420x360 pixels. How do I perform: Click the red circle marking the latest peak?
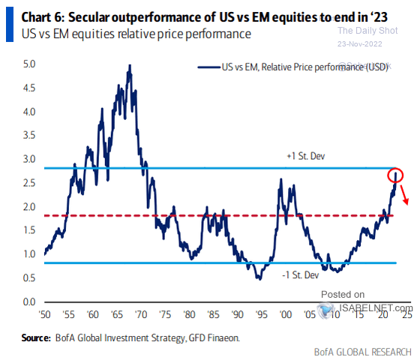coord(395,176)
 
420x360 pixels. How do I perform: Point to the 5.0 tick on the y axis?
coord(28,64)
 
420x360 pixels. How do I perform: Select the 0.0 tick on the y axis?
coord(28,301)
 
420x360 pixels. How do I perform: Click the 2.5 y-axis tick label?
coord(28,183)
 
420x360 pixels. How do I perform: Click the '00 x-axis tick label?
coord(283,315)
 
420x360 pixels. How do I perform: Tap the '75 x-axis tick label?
coord(165,315)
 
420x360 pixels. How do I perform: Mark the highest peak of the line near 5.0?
coord(130,65)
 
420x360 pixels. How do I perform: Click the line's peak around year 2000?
coord(280,180)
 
